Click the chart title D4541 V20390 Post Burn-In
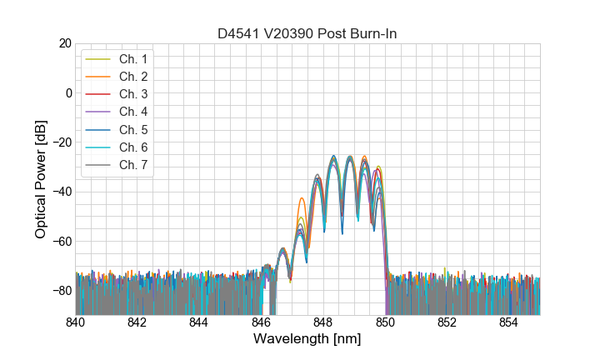point(307,33)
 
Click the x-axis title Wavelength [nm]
point(307,340)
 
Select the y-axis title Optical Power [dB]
point(41,179)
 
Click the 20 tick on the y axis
point(64,43)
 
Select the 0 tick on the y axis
point(67,92)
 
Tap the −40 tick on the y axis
point(60,192)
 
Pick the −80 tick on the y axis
point(60,291)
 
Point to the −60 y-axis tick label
point(60,242)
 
